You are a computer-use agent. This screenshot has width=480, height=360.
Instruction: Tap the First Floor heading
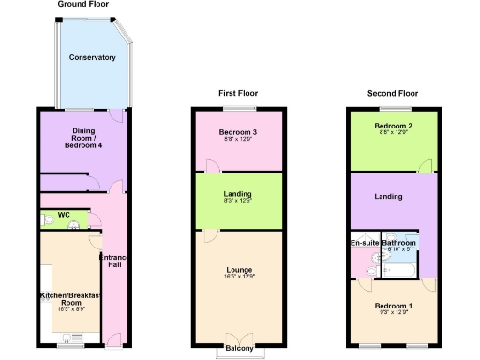tap(238, 94)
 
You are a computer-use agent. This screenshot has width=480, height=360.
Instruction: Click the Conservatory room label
tap(92, 58)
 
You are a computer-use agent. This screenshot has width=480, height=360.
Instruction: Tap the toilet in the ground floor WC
tap(47, 221)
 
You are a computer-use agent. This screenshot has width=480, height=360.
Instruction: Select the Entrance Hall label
tap(112, 260)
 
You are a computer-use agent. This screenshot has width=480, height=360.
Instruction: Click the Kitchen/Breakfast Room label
tap(67, 299)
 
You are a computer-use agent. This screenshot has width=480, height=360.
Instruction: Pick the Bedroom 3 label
tap(238, 132)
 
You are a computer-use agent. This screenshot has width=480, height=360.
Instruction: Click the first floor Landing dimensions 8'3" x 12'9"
tap(238, 201)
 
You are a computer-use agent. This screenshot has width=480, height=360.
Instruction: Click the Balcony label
tap(238, 349)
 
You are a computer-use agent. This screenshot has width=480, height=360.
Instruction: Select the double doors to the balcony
tap(238, 337)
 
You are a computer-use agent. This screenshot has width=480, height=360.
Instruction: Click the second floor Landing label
tap(388, 197)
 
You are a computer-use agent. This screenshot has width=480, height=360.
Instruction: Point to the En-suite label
tap(365, 243)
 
